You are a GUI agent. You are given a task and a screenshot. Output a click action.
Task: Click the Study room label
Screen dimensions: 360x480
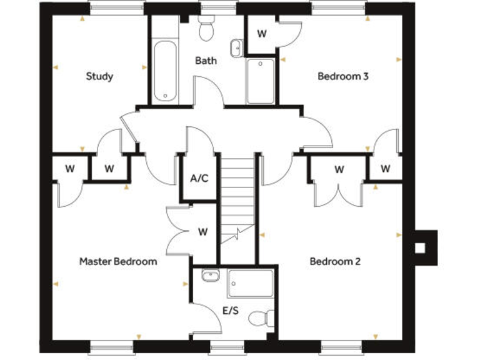(x=99, y=77)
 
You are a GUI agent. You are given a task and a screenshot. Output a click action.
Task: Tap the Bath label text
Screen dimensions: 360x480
(x=206, y=61)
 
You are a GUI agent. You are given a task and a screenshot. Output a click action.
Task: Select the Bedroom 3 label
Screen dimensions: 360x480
(x=343, y=77)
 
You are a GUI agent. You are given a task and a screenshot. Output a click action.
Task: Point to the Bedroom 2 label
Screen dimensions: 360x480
(x=335, y=261)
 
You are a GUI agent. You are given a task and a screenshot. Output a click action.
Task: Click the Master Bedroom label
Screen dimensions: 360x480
(x=118, y=261)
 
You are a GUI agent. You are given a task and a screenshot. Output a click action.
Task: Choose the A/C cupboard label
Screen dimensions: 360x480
(x=199, y=179)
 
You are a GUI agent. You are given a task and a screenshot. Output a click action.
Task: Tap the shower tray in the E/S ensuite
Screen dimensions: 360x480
(x=251, y=282)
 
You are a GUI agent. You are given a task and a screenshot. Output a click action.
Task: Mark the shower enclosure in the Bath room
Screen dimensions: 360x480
(x=260, y=81)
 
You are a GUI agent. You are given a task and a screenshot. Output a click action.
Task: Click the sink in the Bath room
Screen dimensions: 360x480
(x=237, y=47)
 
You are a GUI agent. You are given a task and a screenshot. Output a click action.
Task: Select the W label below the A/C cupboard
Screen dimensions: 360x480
(x=202, y=232)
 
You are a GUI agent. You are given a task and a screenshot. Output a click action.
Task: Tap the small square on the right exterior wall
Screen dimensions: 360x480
(x=421, y=248)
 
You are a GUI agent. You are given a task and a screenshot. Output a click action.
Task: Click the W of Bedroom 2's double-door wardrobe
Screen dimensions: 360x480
(x=339, y=169)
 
